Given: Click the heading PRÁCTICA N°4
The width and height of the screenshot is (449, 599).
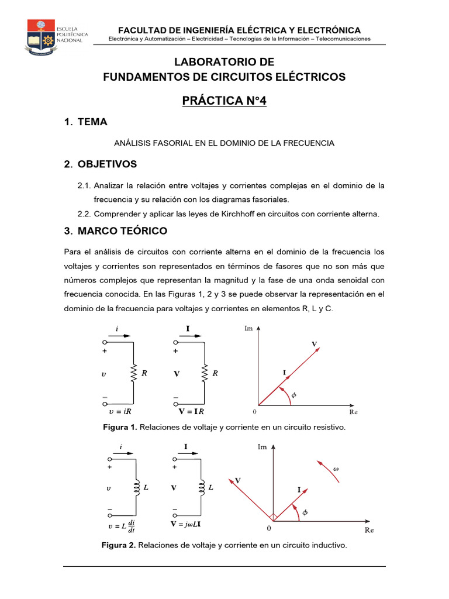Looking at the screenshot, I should (x=224, y=101).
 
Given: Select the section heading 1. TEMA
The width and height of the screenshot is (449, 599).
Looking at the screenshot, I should (x=85, y=122).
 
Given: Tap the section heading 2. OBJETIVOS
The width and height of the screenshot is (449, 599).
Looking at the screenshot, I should (x=101, y=164).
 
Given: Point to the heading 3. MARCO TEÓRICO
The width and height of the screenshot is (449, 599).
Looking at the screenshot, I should (x=115, y=230).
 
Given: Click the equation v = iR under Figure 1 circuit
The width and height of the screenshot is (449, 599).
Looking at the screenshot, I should (x=120, y=412).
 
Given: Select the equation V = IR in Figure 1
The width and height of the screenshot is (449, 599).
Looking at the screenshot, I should (x=191, y=412).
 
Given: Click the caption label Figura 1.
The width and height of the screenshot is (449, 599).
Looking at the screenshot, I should (x=120, y=428).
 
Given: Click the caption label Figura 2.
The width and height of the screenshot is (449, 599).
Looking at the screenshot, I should (x=118, y=546).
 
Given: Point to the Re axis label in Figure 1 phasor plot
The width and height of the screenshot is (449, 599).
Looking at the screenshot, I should (x=353, y=412).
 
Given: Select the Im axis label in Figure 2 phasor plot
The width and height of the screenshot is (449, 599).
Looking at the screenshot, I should (x=263, y=447).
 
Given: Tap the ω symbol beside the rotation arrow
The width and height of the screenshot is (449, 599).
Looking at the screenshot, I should (x=336, y=469).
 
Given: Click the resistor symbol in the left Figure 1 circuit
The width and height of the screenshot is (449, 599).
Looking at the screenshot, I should (x=134, y=372).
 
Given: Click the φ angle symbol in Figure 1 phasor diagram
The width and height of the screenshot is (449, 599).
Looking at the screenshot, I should (x=294, y=395).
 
